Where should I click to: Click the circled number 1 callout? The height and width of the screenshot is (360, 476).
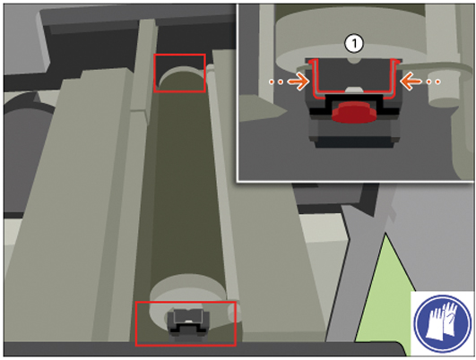(x=354, y=44)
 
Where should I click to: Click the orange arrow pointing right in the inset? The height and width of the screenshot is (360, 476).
(x=299, y=81)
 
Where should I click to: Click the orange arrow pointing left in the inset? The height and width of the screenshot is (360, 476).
(x=411, y=81)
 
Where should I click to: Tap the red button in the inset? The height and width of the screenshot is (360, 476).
(x=354, y=113)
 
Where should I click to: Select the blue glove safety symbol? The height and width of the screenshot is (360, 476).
(x=443, y=322)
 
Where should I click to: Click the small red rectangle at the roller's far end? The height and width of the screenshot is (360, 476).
(x=179, y=73)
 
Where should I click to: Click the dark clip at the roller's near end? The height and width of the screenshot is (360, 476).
(x=188, y=322)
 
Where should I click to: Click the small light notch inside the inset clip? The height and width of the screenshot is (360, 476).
(x=354, y=89)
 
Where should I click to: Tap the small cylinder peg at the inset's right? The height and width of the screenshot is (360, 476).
(x=444, y=91)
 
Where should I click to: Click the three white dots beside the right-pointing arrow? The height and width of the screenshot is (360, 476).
(x=277, y=81)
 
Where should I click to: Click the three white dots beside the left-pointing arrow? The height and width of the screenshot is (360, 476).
(x=433, y=81)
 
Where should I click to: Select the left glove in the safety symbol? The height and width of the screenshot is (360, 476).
(x=435, y=323)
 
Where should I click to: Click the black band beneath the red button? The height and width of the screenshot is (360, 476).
(x=354, y=107)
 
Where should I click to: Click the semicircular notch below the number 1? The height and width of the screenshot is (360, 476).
(x=354, y=61)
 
